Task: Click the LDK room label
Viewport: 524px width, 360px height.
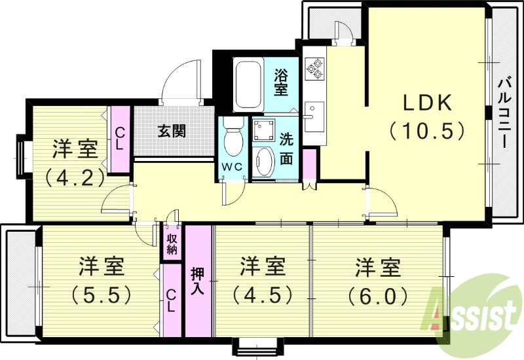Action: tap(426, 103)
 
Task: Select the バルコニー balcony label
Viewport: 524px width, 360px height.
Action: tap(504, 115)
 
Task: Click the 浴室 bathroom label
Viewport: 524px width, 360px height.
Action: tap(281, 81)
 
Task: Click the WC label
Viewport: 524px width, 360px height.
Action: tap(232, 167)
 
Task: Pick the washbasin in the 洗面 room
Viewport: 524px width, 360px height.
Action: tap(265, 161)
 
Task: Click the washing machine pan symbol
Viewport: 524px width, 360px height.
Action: tap(265, 130)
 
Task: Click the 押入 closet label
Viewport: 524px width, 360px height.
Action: tap(197, 280)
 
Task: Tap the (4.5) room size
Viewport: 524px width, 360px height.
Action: tap(262, 294)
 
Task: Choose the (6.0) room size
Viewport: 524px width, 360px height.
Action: tap(377, 294)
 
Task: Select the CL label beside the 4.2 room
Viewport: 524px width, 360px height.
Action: tap(119, 139)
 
